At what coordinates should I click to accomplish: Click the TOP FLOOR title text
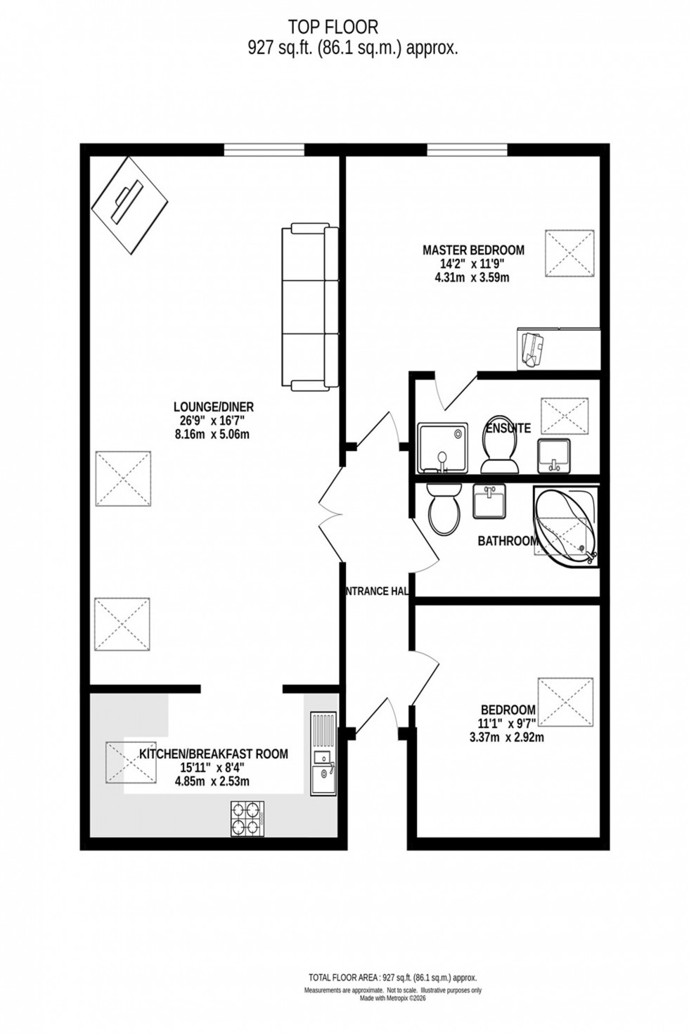click(x=333, y=27)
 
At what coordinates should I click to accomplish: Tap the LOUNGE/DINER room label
click(x=214, y=407)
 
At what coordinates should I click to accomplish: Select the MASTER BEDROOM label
click(x=473, y=250)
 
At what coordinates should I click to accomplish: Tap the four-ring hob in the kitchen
click(x=247, y=819)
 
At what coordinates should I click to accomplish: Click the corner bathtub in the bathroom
click(x=566, y=524)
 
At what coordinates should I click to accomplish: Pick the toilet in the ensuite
click(x=498, y=451)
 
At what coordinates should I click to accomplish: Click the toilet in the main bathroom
click(x=443, y=508)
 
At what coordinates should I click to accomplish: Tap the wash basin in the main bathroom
click(x=489, y=502)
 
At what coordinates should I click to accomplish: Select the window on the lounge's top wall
click(x=264, y=149)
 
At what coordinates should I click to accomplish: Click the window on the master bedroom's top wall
click(x=467, y=149)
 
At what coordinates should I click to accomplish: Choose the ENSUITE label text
click(x=508, y=428)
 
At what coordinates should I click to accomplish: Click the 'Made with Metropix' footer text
click(x=393, y=997)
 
